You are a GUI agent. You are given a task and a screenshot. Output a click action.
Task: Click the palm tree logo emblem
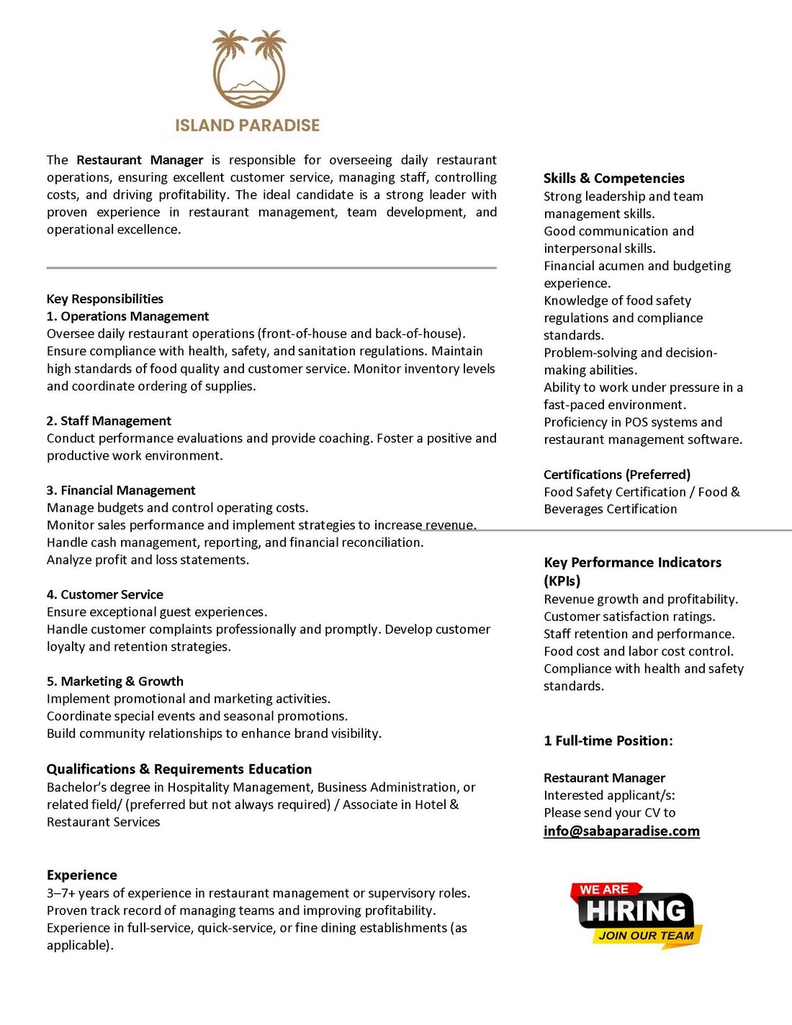pos(248,69)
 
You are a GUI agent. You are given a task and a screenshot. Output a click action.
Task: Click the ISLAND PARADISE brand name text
pos(247,125)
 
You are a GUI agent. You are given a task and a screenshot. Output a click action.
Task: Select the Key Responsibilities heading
pos(104,299)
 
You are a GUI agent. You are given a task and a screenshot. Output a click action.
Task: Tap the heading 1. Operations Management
pos(127,316)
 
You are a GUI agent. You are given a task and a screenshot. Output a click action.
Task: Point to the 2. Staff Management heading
pos(109,421)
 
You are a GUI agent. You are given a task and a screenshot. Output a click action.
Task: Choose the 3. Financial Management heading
pos(120,491)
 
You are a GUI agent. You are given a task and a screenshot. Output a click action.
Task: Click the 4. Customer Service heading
pos(104,594)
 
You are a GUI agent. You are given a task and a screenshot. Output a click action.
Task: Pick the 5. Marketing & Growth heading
pos(114,681)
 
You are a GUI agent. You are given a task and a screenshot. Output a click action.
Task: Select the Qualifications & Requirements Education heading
pos(179,769)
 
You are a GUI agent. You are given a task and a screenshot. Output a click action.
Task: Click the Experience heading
pos(81,875)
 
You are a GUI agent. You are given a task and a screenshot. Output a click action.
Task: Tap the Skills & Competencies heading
pos(613,178)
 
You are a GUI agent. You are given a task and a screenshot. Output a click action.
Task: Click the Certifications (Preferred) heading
pos(616,475)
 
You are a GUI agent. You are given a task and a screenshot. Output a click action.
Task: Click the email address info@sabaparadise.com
pos(621,831)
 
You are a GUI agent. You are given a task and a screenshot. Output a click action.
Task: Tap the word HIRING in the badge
pos(636,911)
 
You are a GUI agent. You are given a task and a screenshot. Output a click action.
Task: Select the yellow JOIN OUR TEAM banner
pos(646,936)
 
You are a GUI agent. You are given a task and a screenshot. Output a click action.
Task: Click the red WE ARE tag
pos(604,890)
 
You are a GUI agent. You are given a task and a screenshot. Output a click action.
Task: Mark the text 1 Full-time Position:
pos(608,741)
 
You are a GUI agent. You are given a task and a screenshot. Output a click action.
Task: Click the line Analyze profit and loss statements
pos(148,560)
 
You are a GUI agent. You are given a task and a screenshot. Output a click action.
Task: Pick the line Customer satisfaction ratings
pos(629,617)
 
